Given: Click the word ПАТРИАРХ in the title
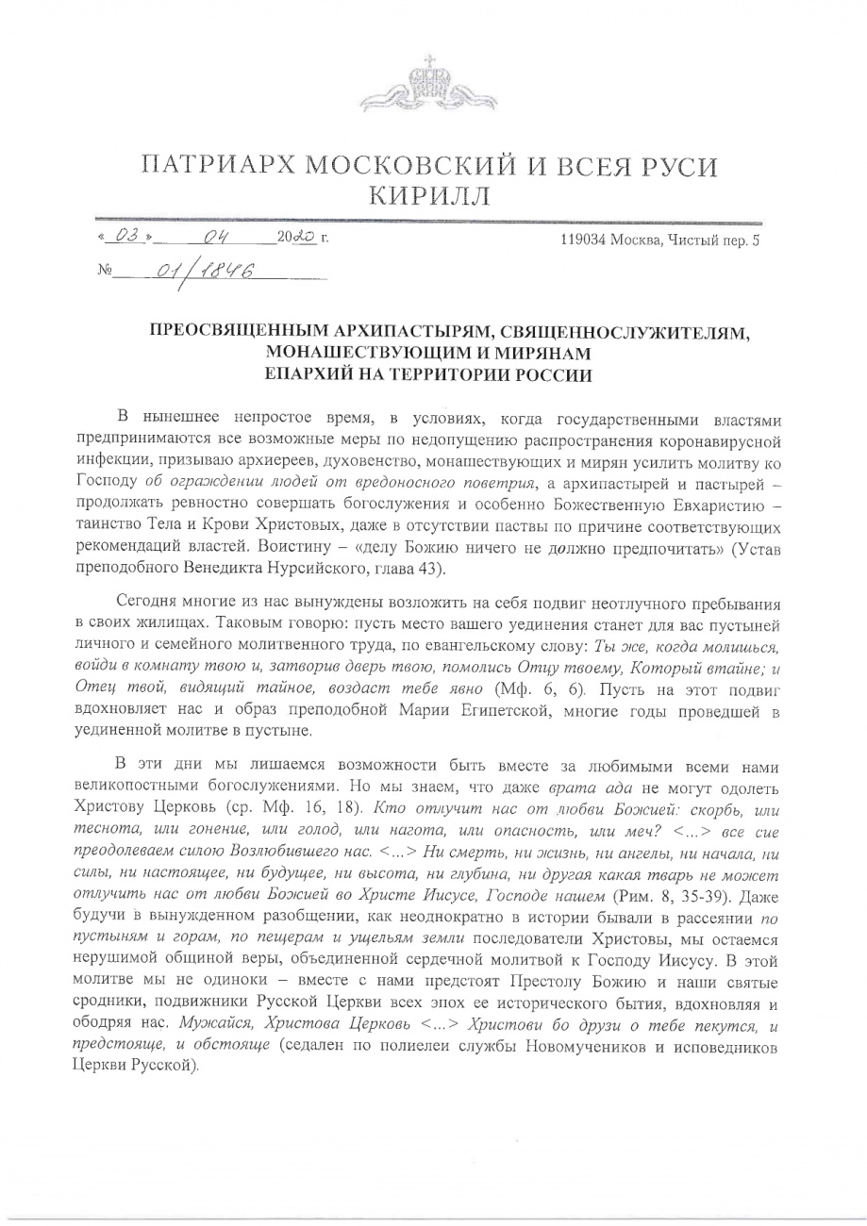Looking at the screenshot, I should pos(225,165).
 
